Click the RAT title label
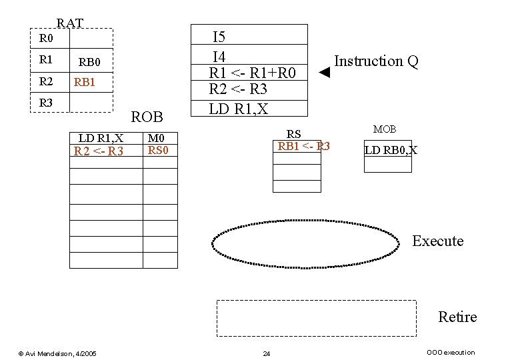(x=70, y=23)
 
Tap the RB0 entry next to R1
(x=89, y=63)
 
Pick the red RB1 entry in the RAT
(x=85, y=83)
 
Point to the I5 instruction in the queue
(x=219, y=37)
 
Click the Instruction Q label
(x=376, y=61)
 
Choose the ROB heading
(x=147, y=117)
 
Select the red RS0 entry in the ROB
(x=159, y=151)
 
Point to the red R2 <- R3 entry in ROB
(x=99, y=151)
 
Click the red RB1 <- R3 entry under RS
(x=303, y=147)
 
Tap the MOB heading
(x=385, y=129)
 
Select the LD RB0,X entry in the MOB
(x=391, y=150)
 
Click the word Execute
(x=437, y=241)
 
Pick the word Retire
(x=457, y=317)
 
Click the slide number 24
(x=266, y=353)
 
